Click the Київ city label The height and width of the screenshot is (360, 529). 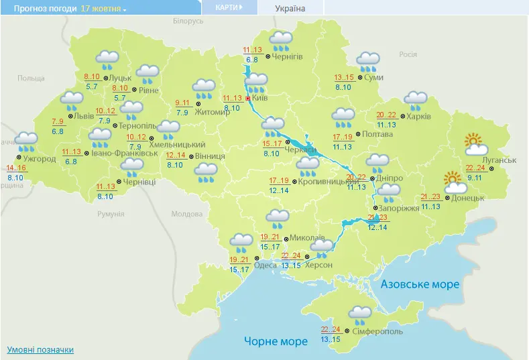click(264, 98)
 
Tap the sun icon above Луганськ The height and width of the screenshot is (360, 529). click(475, 142)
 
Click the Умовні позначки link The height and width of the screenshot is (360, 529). click(40, 350)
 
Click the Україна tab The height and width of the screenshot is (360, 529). click(290, 8)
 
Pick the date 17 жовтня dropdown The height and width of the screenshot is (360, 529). click(103, 8)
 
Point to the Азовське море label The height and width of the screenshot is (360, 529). click(420, 284)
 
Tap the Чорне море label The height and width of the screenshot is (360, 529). click(276, 341)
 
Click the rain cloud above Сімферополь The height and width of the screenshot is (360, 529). click(361, 313)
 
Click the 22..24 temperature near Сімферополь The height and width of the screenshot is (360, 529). click(331, 329)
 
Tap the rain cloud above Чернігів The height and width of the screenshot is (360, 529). click(280, 41)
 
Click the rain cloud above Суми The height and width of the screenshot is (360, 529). click(367, 61)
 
